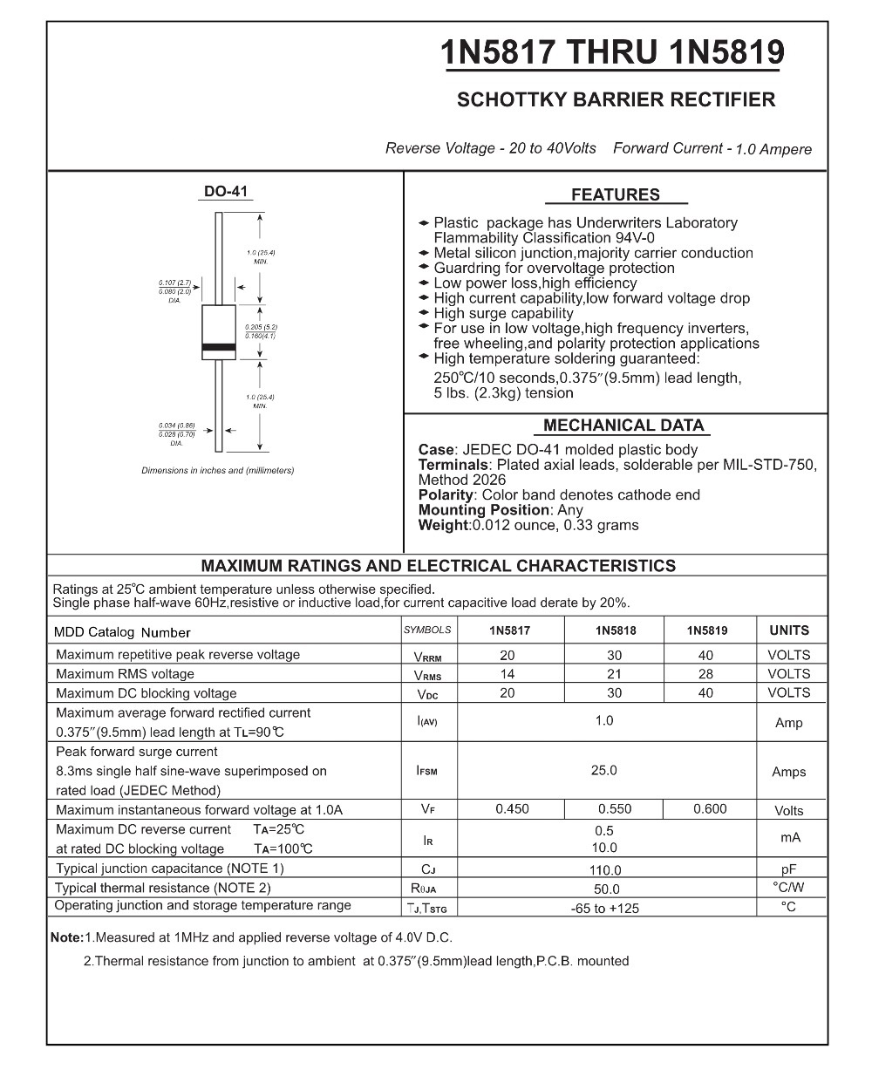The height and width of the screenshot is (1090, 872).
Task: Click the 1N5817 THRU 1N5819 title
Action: pos(613,53)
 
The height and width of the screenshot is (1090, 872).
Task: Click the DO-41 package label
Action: pos(226,191)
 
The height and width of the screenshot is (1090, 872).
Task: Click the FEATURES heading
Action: pos(616,195)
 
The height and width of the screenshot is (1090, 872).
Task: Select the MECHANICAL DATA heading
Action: pos(623,426)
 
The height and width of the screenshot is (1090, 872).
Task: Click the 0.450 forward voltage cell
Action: pos(512,809)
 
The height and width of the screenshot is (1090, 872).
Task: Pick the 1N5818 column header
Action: pos(615,630)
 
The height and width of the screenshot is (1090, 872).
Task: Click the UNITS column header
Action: pos(789,630)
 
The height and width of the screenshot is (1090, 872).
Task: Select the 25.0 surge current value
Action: pos(603,770)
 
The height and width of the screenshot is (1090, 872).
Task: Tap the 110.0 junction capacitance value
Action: pos(605,870)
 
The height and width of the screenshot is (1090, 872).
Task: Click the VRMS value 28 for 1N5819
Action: pos(705,674)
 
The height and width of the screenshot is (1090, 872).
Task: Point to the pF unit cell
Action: pos(789,869)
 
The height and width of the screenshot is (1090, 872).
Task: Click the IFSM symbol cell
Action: pos(427,771)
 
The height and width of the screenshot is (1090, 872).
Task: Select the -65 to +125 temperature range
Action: pos(604,909)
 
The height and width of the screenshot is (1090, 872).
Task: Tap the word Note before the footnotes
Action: pos(65,938)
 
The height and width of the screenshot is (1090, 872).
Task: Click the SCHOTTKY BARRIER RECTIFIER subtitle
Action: pos(616,99)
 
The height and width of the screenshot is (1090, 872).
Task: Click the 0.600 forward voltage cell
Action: pos(710,809)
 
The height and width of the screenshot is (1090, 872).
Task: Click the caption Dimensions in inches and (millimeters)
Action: pos(218,471)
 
